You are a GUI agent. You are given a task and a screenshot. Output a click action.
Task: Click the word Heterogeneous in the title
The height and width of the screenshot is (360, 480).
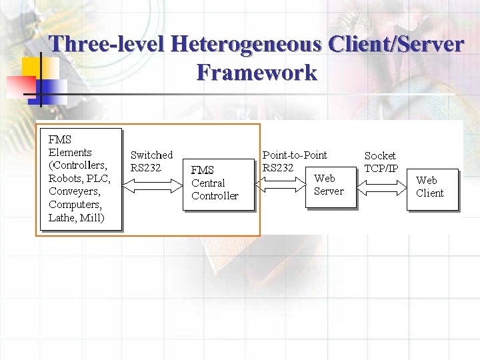pyautogui.click(x=245, y=44)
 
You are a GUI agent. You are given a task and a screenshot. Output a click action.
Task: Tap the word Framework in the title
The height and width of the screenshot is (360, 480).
pyautogui.click(x=257, y=71)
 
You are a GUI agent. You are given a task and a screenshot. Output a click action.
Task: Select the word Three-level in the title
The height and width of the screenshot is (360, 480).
pyautogui.click(x=107, y=44)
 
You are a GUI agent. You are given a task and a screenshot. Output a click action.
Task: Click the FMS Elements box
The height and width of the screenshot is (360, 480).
pyautogui.click(x=80, y=178)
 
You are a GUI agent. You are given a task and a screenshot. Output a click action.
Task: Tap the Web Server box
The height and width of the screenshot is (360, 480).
pyautogui.click(x=329, y=185)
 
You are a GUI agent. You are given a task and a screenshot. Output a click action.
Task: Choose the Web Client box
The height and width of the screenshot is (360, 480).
pyautogui.click(x=433, y=187)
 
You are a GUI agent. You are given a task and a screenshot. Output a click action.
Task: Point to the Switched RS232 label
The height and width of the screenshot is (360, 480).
pyautogui.click(x=151, y=161)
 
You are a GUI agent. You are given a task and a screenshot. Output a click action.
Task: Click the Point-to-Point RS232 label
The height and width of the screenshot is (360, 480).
pyautogui.click(x=294, y=161)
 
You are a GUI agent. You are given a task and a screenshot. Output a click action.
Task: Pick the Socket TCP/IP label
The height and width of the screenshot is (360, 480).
pyautogui.click(x=381, y=162)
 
